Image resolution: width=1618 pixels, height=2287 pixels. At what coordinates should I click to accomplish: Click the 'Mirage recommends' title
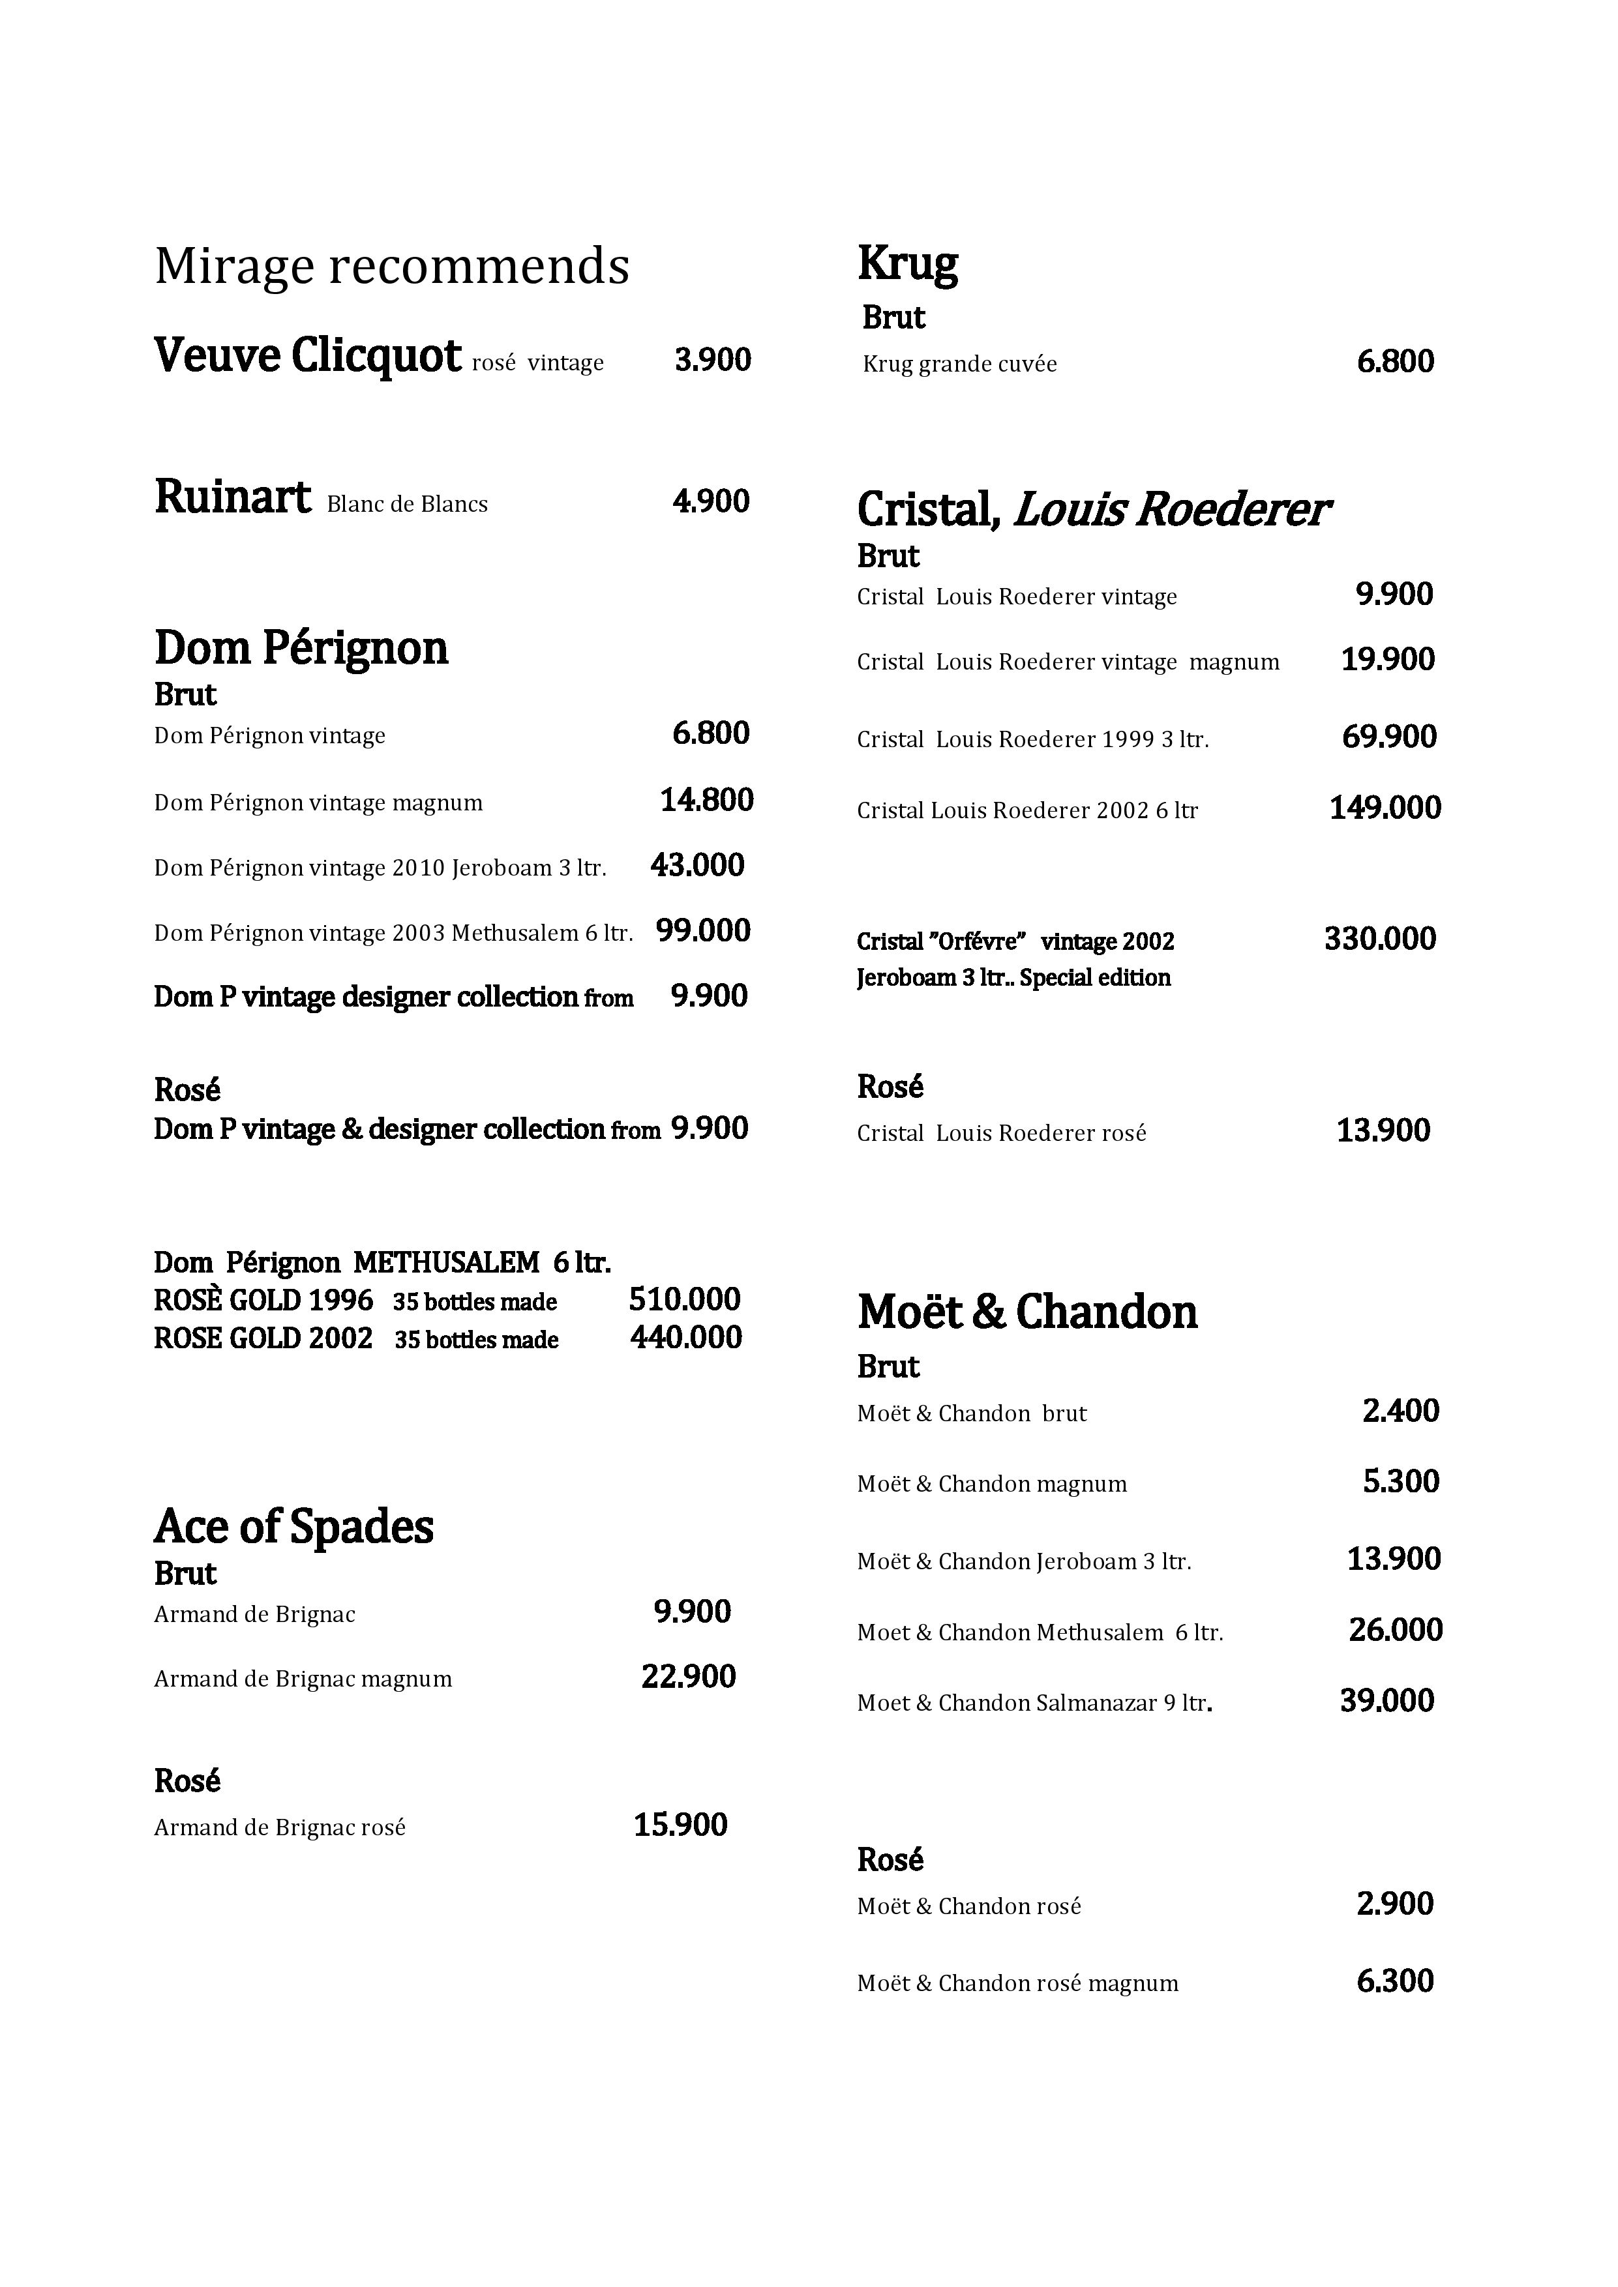pos(391,267)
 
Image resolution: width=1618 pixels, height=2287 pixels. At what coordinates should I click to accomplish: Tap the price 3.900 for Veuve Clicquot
pos(712,360)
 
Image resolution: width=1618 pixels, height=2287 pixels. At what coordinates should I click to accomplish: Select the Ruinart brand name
pos(232,497)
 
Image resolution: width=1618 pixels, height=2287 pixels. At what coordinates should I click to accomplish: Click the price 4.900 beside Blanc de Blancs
pos(710,501)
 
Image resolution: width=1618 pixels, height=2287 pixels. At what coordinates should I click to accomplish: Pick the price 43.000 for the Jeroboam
pos(697,866)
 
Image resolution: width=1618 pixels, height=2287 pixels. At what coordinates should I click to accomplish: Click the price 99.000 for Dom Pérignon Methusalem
pos(702,932)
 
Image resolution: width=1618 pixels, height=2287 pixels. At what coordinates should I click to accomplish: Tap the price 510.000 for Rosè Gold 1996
pos(685,1300)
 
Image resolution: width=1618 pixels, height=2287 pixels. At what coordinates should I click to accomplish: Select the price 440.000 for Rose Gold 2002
pos(685,1338)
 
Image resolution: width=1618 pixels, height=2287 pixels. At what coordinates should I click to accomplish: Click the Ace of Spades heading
pos(294,1527)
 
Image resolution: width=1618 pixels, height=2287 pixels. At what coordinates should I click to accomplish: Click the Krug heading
pos(908,265)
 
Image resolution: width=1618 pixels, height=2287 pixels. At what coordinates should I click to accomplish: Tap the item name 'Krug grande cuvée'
pos(959,364)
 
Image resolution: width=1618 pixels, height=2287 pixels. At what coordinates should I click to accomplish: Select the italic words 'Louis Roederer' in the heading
pos(1171,510)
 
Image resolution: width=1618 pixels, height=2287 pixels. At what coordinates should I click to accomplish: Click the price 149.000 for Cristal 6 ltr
pos(1385,808)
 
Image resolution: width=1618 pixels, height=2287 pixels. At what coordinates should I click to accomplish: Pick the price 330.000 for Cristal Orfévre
pos(1380,939)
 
